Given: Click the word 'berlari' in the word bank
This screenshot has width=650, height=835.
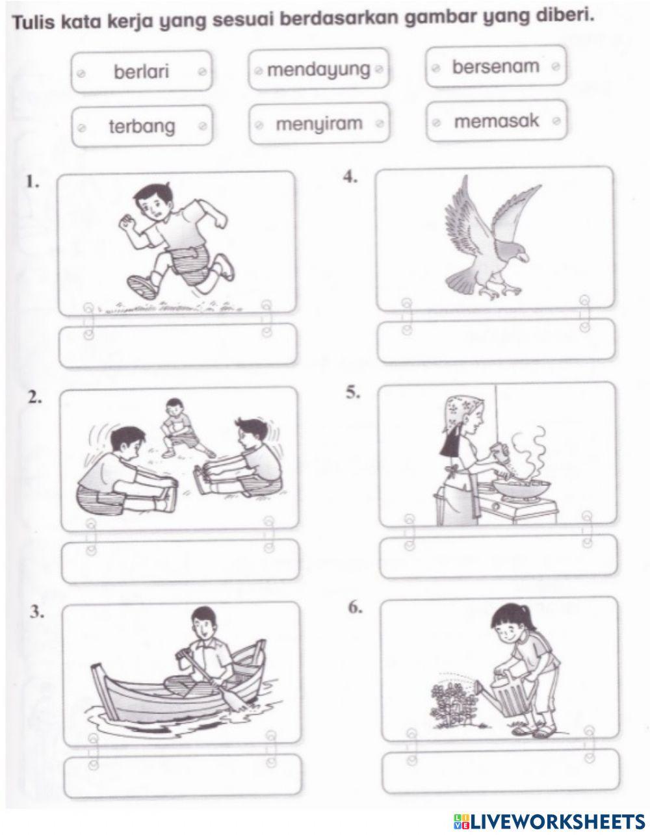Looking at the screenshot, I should (141, 71).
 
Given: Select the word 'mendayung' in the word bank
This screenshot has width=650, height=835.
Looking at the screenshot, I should (318, 69).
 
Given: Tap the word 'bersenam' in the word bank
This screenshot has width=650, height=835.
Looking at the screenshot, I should (495, 66).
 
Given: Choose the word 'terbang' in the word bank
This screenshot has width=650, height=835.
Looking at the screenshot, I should (141, 126).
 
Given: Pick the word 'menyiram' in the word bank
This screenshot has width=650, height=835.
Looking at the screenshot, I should (318, 123).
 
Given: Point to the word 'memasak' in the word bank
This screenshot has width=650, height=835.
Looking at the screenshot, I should (497, 121).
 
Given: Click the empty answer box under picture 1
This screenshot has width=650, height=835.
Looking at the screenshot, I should (177, 345).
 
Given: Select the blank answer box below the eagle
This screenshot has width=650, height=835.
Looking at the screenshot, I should (496, 340).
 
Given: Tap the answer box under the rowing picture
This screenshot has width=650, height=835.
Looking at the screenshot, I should (183, 773).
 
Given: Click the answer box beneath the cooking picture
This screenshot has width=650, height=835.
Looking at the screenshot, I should (498, 557).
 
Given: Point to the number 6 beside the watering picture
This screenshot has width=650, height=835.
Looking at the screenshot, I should (355, 608).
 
